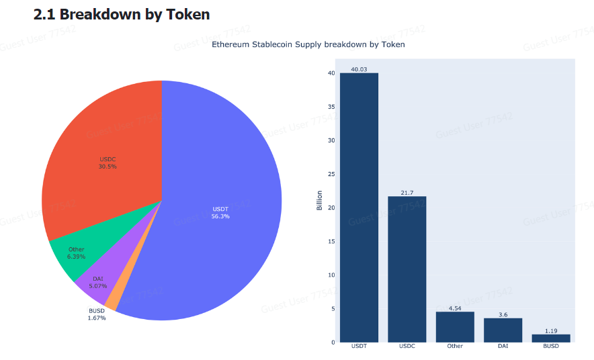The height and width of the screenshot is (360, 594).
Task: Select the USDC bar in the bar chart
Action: coord(407,269)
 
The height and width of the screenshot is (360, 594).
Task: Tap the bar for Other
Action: coord(455,327)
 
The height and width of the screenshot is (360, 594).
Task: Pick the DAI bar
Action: coord(503,330)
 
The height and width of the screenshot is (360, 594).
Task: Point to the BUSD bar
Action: coord(550,338)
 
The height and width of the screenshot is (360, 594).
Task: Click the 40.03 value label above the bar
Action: coord(359,69)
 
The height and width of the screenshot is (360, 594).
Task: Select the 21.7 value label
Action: coord(407,193)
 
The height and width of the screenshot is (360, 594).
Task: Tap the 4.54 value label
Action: coord(455,308)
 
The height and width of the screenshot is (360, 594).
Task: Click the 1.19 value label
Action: coord(550,330)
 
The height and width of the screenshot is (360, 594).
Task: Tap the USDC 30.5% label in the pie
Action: coord(108,163)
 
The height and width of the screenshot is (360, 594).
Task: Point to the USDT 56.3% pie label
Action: coord(220,212)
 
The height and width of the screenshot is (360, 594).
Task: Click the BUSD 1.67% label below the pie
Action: coord(97,314)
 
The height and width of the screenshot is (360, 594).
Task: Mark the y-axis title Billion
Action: coord(319,201)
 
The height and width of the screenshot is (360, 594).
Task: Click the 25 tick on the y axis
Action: coord(331,174)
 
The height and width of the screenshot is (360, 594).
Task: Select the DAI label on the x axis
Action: coord(503,347)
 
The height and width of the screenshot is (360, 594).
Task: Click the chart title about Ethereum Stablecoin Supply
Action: coord(308,44)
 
